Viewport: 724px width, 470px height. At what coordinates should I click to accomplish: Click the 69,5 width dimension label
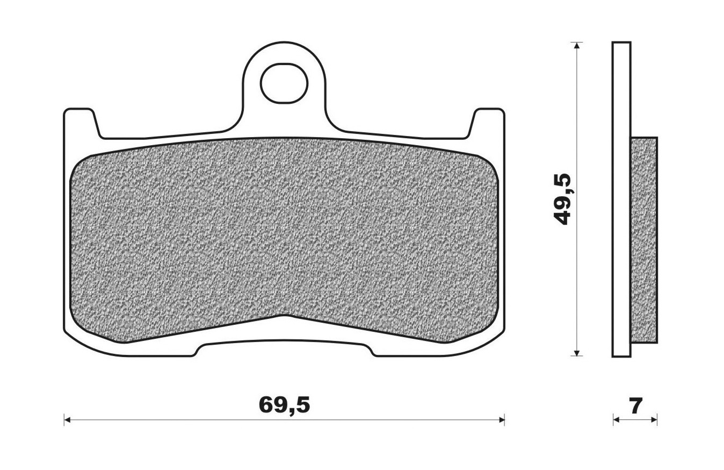(x=284, y=405)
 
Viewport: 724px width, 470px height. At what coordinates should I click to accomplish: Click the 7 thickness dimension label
(x=635, y=405)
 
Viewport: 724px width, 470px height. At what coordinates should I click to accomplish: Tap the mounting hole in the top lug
(x=284, y=84)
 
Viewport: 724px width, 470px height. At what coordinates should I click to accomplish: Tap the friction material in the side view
(x=643, y=240)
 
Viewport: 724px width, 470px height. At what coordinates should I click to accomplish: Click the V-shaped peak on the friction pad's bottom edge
(x=284, y=316)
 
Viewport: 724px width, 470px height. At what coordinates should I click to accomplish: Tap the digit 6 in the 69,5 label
(x=266, y=405)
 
